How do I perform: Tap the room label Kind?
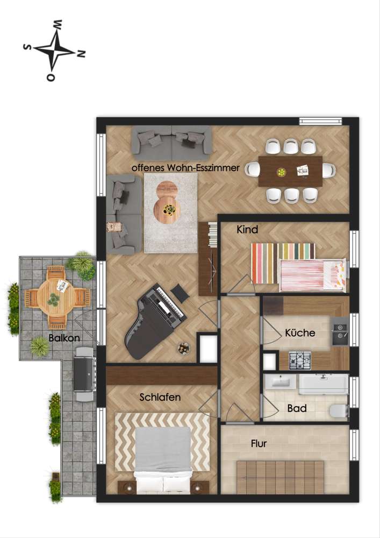pos(247,230)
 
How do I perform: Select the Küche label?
pos(300,333)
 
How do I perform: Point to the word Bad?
pos(297,408)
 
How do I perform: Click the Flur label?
pos(259,444)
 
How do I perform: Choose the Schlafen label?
pos(160,398)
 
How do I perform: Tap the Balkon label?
pos(64,338)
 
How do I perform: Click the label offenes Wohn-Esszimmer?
pos(185,168)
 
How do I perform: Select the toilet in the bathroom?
pos(338,412)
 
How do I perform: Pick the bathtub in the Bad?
pos(322,384)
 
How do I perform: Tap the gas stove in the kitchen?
pos(300,360)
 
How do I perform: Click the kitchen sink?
pos(340,331)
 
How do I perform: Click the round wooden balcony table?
pos(56,295)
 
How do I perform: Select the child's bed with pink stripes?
pos(312,273)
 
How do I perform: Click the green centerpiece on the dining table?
pos(281,172)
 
